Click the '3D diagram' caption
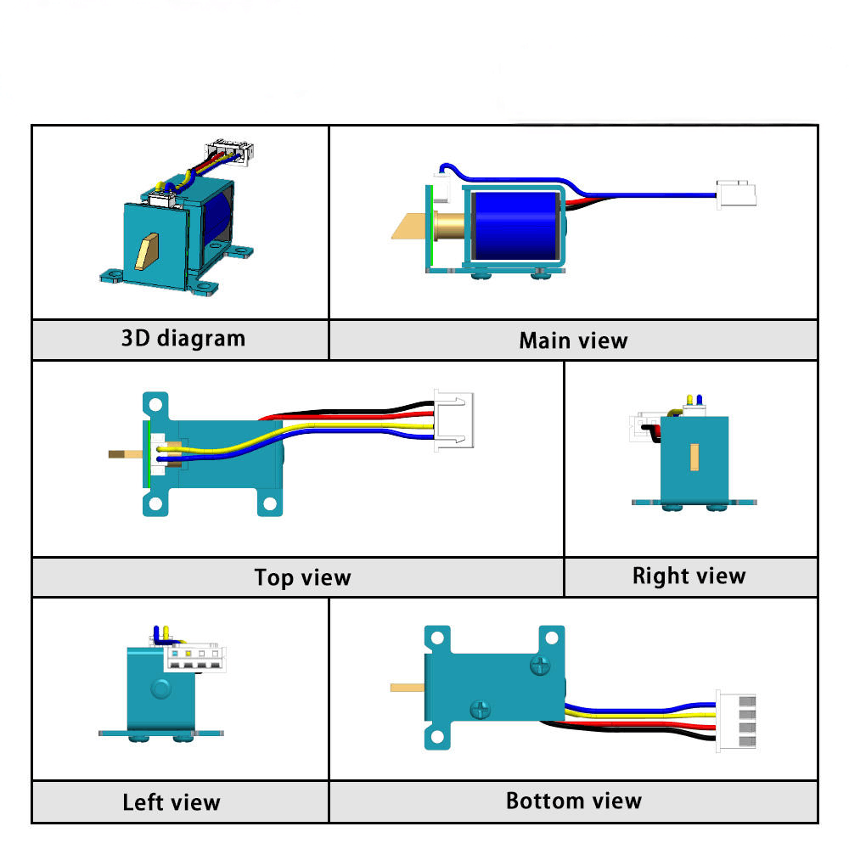point(183,339)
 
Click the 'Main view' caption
point(573,341)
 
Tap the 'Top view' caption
point(302,578)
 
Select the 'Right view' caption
point(689,576)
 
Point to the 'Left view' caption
point(171,802)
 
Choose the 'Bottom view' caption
point(573,801)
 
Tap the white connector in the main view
point(736,194)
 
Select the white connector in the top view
point(454,419)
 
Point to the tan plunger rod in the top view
point(127,454)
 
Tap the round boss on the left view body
point(160,688)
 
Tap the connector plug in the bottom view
point(735,720)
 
